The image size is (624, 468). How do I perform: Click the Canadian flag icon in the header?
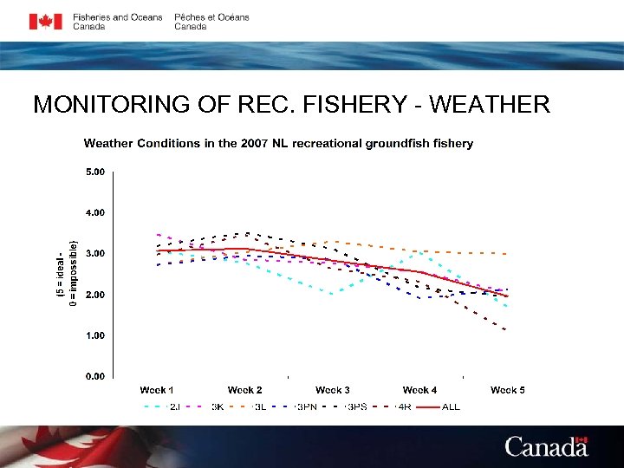pos(45,22)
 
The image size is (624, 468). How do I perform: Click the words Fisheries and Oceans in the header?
pos(117,17)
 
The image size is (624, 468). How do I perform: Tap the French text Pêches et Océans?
pos(211,17)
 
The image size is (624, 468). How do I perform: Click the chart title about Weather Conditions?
pos(278,143)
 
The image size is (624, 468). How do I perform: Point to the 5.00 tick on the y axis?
pos(95,172)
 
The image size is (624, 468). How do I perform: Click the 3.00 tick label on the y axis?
pos(95,253)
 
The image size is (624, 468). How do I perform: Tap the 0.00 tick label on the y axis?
pos(95,376)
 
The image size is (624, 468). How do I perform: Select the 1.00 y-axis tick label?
pos(95,335)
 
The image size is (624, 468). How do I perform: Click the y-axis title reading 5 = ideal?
pos(60,273)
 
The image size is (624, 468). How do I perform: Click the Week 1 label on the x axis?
pos(157,390)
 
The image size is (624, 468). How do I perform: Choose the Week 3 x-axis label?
pos(333,390)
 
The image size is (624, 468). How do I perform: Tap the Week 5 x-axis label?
pos(508,390)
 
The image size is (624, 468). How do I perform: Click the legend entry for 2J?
pos(174,406)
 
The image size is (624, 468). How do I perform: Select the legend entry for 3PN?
pos(306,406)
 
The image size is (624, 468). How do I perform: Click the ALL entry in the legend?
pos(451,406)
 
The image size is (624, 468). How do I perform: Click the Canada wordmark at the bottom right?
pos(546,447)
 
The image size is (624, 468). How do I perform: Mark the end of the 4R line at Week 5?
pos(506,330)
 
